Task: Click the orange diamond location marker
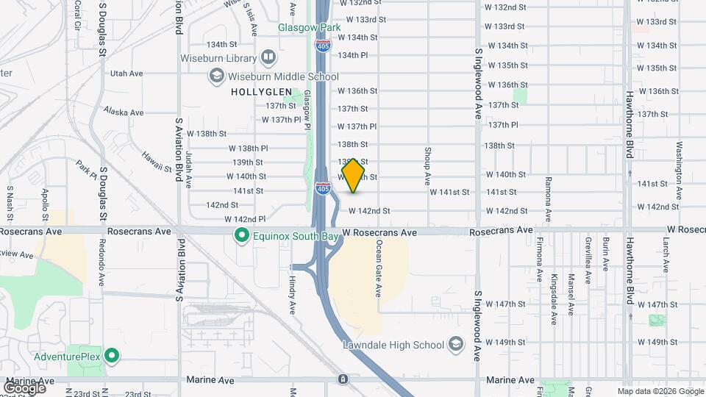(353, 176)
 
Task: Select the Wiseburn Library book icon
(268, 57)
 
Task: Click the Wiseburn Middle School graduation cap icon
(216, 75)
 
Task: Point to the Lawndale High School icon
(455, 345)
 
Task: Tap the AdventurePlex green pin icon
(112, 357)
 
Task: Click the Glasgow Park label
(299, 27)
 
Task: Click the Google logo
(24, 387)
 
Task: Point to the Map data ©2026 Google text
(660, 390)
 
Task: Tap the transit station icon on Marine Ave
(343, 379)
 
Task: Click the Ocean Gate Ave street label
(379, 268)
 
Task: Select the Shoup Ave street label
(427, 165)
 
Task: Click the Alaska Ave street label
(124, 112)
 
